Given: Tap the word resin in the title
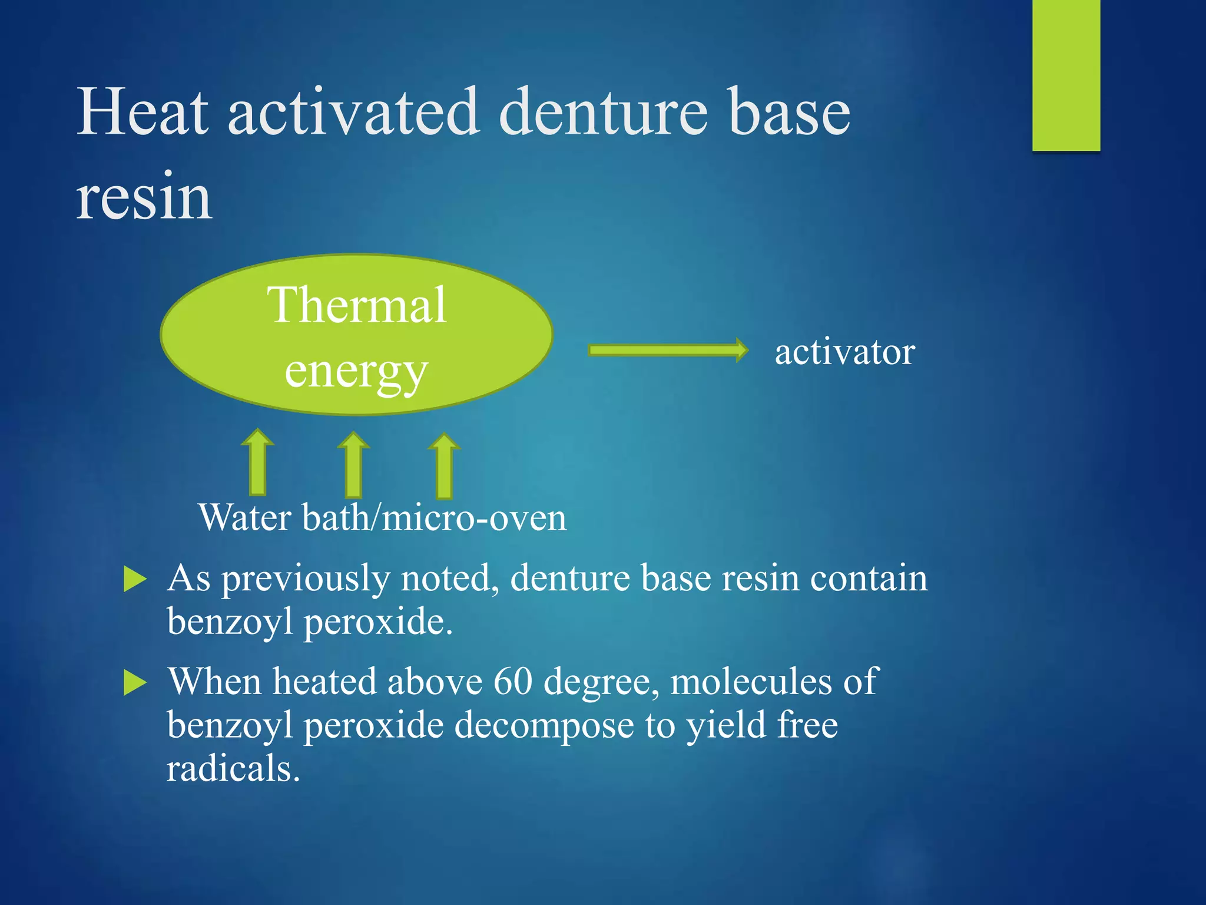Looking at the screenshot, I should tap(144, 197).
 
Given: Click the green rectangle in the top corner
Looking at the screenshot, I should tap(1066, 75).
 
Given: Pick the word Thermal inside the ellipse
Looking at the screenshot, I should tap(357, 305).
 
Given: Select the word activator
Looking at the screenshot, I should tap(844, 352).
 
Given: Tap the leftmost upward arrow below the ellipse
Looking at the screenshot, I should tap(257, 463).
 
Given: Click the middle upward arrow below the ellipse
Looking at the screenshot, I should tap(353, 465).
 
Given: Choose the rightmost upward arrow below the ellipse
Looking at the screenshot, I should tap(444, 467).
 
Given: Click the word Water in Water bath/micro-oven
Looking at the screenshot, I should tap(245, 518).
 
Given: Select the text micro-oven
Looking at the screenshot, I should tap(475, 518).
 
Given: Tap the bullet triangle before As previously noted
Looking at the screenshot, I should tap(135, 580).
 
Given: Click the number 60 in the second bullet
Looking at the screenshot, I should tap(513, 682).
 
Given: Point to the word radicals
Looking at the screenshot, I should tap(233, 769).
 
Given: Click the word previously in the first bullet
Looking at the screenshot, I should tap(306, 579).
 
